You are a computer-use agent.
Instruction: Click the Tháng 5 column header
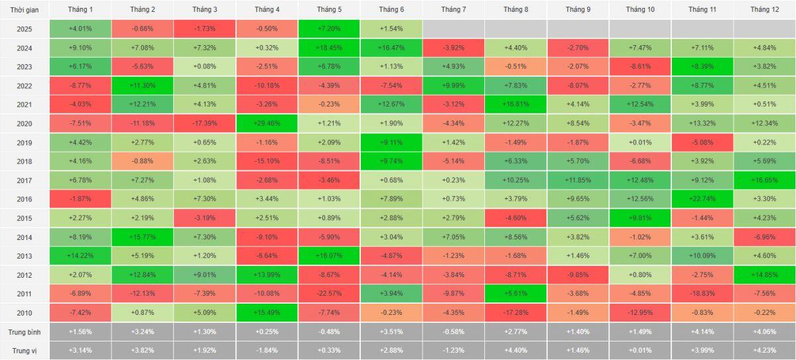[329, 9]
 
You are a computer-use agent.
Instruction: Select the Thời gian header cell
[24, 9]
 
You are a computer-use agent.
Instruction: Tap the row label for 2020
[24, 123]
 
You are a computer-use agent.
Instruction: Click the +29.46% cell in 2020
[267, 123]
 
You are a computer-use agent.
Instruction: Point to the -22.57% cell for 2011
[329, 294]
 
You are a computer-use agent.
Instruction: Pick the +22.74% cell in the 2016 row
[702, 199]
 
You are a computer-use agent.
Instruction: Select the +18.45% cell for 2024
[329, 48]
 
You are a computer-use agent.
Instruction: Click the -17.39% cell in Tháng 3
[205, 123]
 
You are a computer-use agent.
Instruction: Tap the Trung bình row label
[24, 332]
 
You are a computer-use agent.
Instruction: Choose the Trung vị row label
[24, 351]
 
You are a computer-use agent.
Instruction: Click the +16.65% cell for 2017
[764, 180]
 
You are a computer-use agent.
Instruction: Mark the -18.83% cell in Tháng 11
[702, 294]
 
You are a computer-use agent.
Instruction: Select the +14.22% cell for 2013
[80, 256]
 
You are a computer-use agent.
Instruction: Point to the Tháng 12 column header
[764, 9]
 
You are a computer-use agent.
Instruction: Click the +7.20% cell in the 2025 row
[329, 29]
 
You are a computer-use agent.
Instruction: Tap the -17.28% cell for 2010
[515, 313]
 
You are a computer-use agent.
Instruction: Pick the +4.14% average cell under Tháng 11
[702, 332]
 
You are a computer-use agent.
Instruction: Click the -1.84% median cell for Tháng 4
[267, 351]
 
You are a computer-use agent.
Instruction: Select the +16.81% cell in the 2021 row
[515, 104]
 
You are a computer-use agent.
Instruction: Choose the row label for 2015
[24, 218]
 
